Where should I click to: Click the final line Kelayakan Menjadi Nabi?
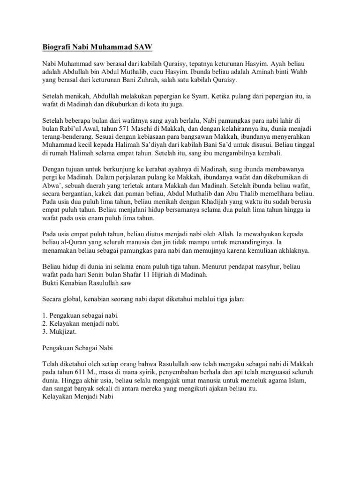pos(75,397)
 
